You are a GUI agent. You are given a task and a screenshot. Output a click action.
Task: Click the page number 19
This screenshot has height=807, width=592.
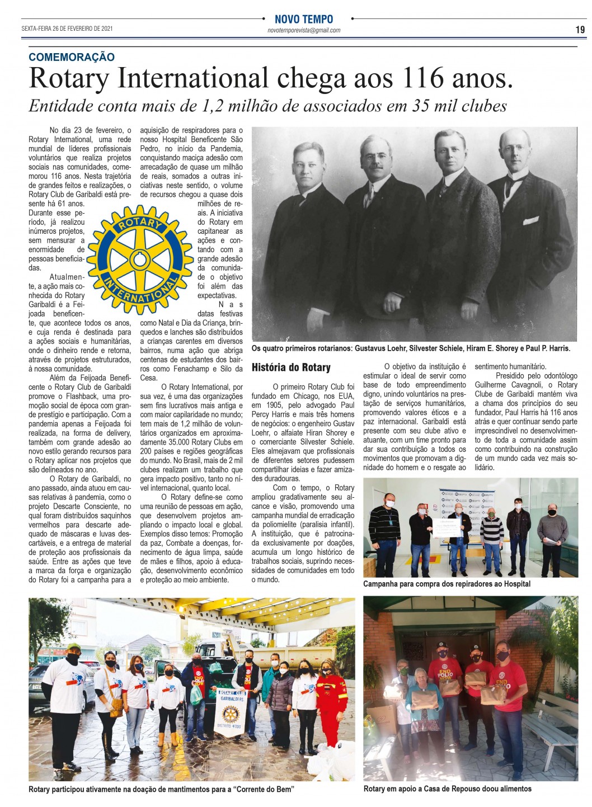point(580,29)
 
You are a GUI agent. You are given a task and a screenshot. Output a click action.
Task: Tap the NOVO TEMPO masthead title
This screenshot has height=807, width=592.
point(304,19)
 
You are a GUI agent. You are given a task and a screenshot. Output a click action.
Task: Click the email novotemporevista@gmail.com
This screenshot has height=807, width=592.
point(304,31)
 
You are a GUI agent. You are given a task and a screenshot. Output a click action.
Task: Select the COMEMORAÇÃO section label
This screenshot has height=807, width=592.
point(72,56)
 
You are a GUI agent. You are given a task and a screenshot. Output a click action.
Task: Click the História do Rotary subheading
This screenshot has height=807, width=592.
point(291,367)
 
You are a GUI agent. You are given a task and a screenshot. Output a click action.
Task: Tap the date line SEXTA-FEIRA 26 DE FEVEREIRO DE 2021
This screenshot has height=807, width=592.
point(67,29)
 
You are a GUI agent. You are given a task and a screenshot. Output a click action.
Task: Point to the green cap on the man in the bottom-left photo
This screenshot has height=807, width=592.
point(74,647)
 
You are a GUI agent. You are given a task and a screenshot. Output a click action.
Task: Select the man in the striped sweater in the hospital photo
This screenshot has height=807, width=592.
point(492,537)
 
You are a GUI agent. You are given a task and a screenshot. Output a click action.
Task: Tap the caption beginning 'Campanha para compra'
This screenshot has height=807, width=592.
point(447,583)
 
